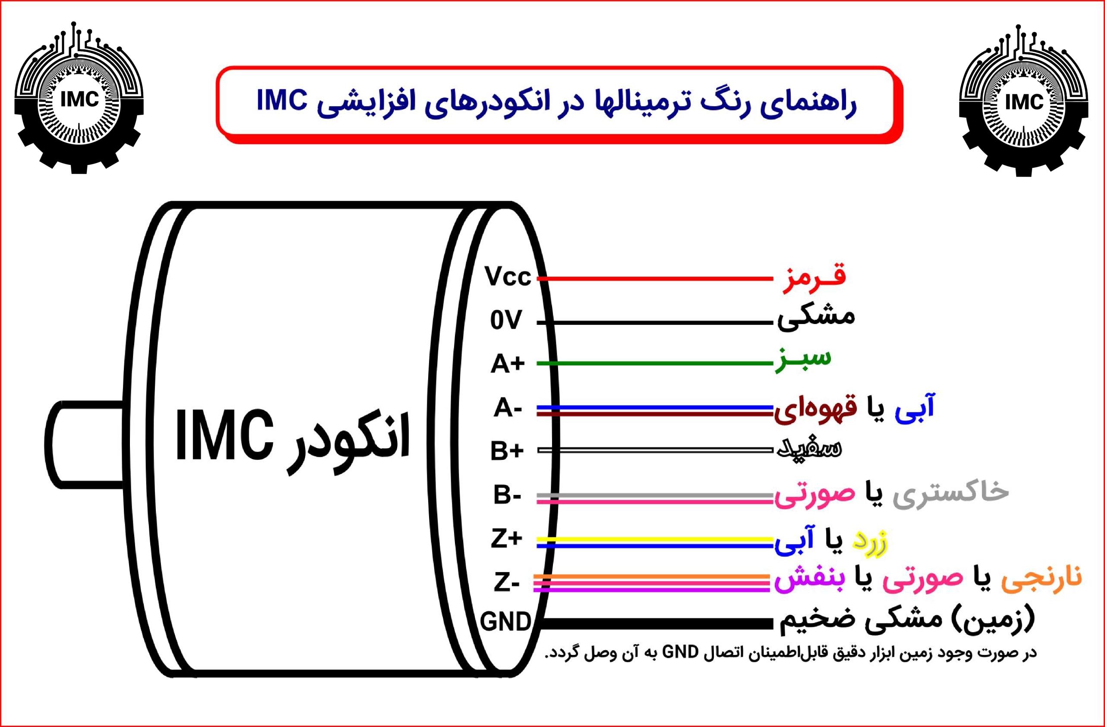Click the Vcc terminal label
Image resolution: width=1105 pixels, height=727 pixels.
coord(508,277)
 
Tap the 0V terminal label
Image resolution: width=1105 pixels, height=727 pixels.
coord(506,320)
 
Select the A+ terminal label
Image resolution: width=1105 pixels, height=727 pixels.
coord(508,363)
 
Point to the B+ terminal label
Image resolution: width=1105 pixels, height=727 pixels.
coord(507,450)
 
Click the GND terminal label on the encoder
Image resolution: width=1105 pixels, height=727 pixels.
coord(505,622)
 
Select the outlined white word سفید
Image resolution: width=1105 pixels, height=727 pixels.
coord(809,448)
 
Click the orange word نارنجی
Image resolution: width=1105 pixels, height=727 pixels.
coord(1042,578)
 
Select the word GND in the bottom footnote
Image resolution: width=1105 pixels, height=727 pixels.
coord(680,652)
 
